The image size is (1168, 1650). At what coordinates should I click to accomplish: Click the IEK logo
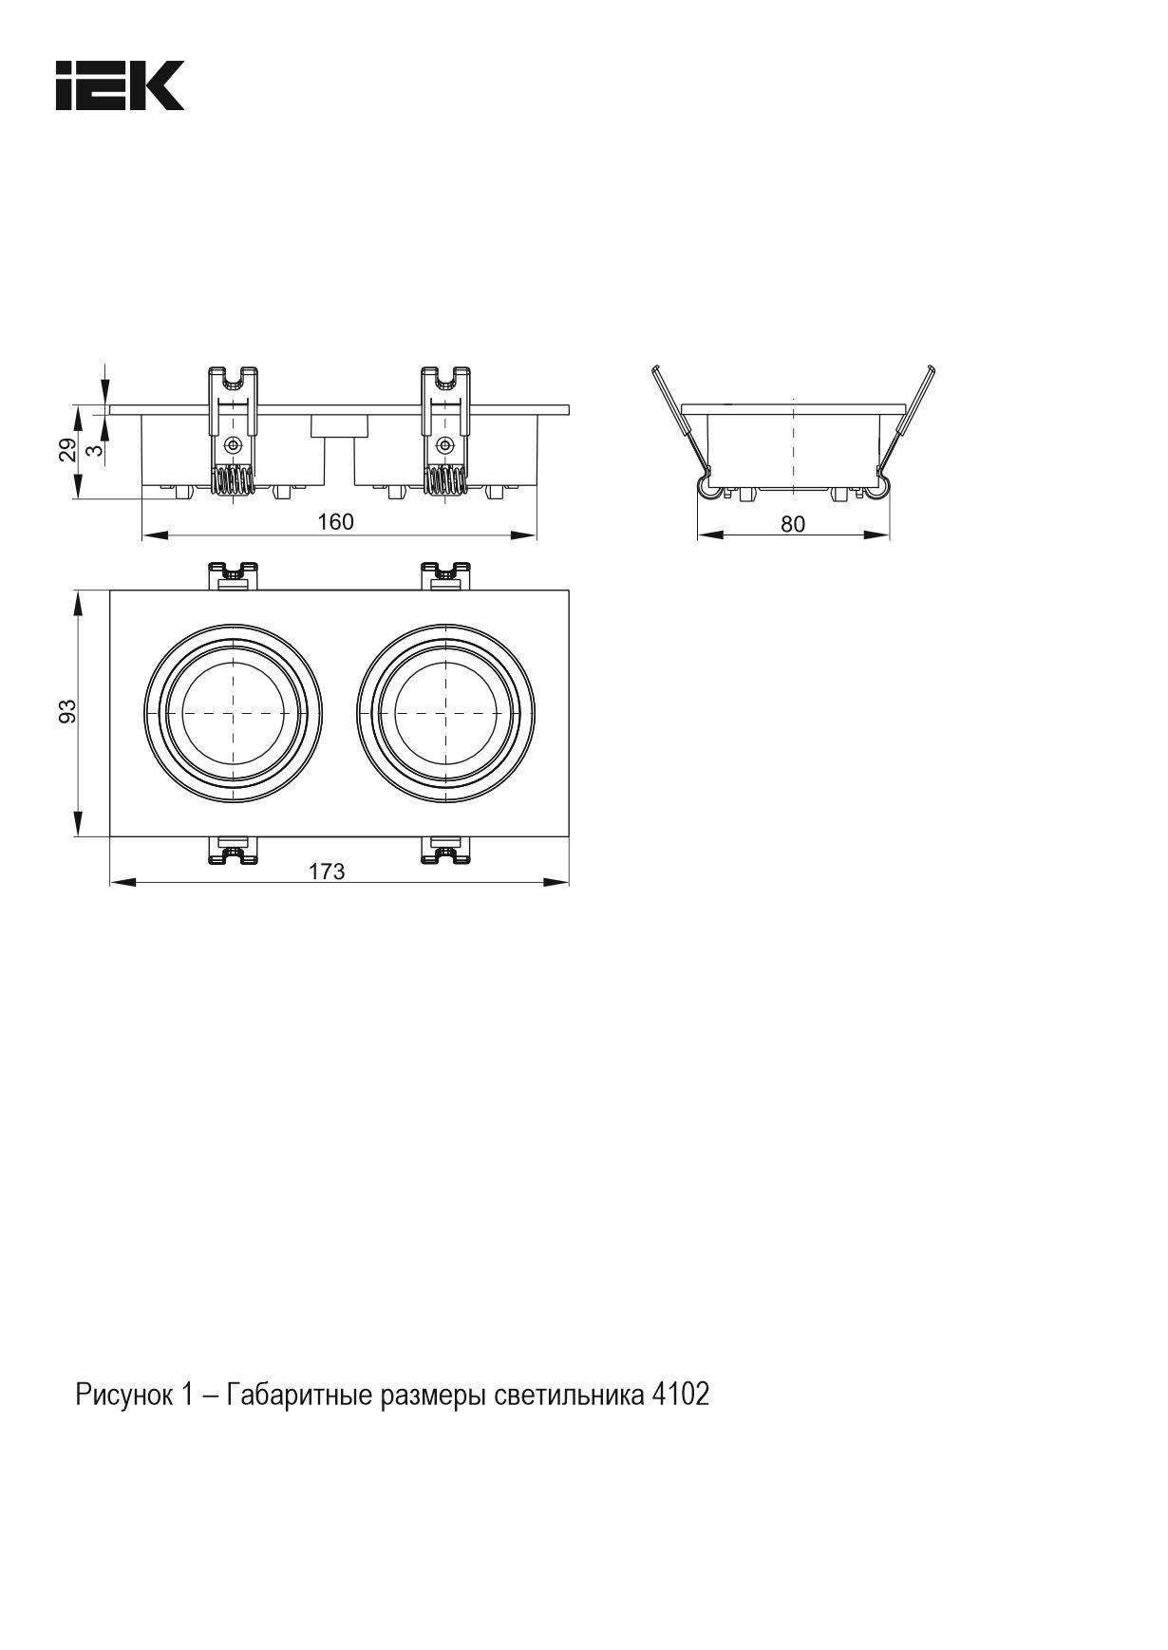click(x=120, y=85)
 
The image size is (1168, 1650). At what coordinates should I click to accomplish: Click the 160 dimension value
click(x=335, y=521)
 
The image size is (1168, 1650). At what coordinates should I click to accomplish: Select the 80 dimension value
click(x=793, y=524)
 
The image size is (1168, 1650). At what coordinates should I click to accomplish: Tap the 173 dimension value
click(x=327, y=872)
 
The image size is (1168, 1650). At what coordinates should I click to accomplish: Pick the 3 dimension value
click(x=93, y=450)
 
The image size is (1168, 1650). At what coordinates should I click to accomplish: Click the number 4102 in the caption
click(x=681, y=1395)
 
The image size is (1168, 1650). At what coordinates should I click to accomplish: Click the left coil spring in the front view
click(x=233, y=482)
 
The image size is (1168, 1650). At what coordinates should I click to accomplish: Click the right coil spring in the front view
click(x=444, y=482)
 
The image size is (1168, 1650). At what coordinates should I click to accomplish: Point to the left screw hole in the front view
click(x=233, y=445)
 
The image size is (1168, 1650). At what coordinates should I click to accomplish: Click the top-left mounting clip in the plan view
click(x=234, y=575)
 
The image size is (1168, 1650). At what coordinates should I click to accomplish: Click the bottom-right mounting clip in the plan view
click(x=445, y=850)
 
